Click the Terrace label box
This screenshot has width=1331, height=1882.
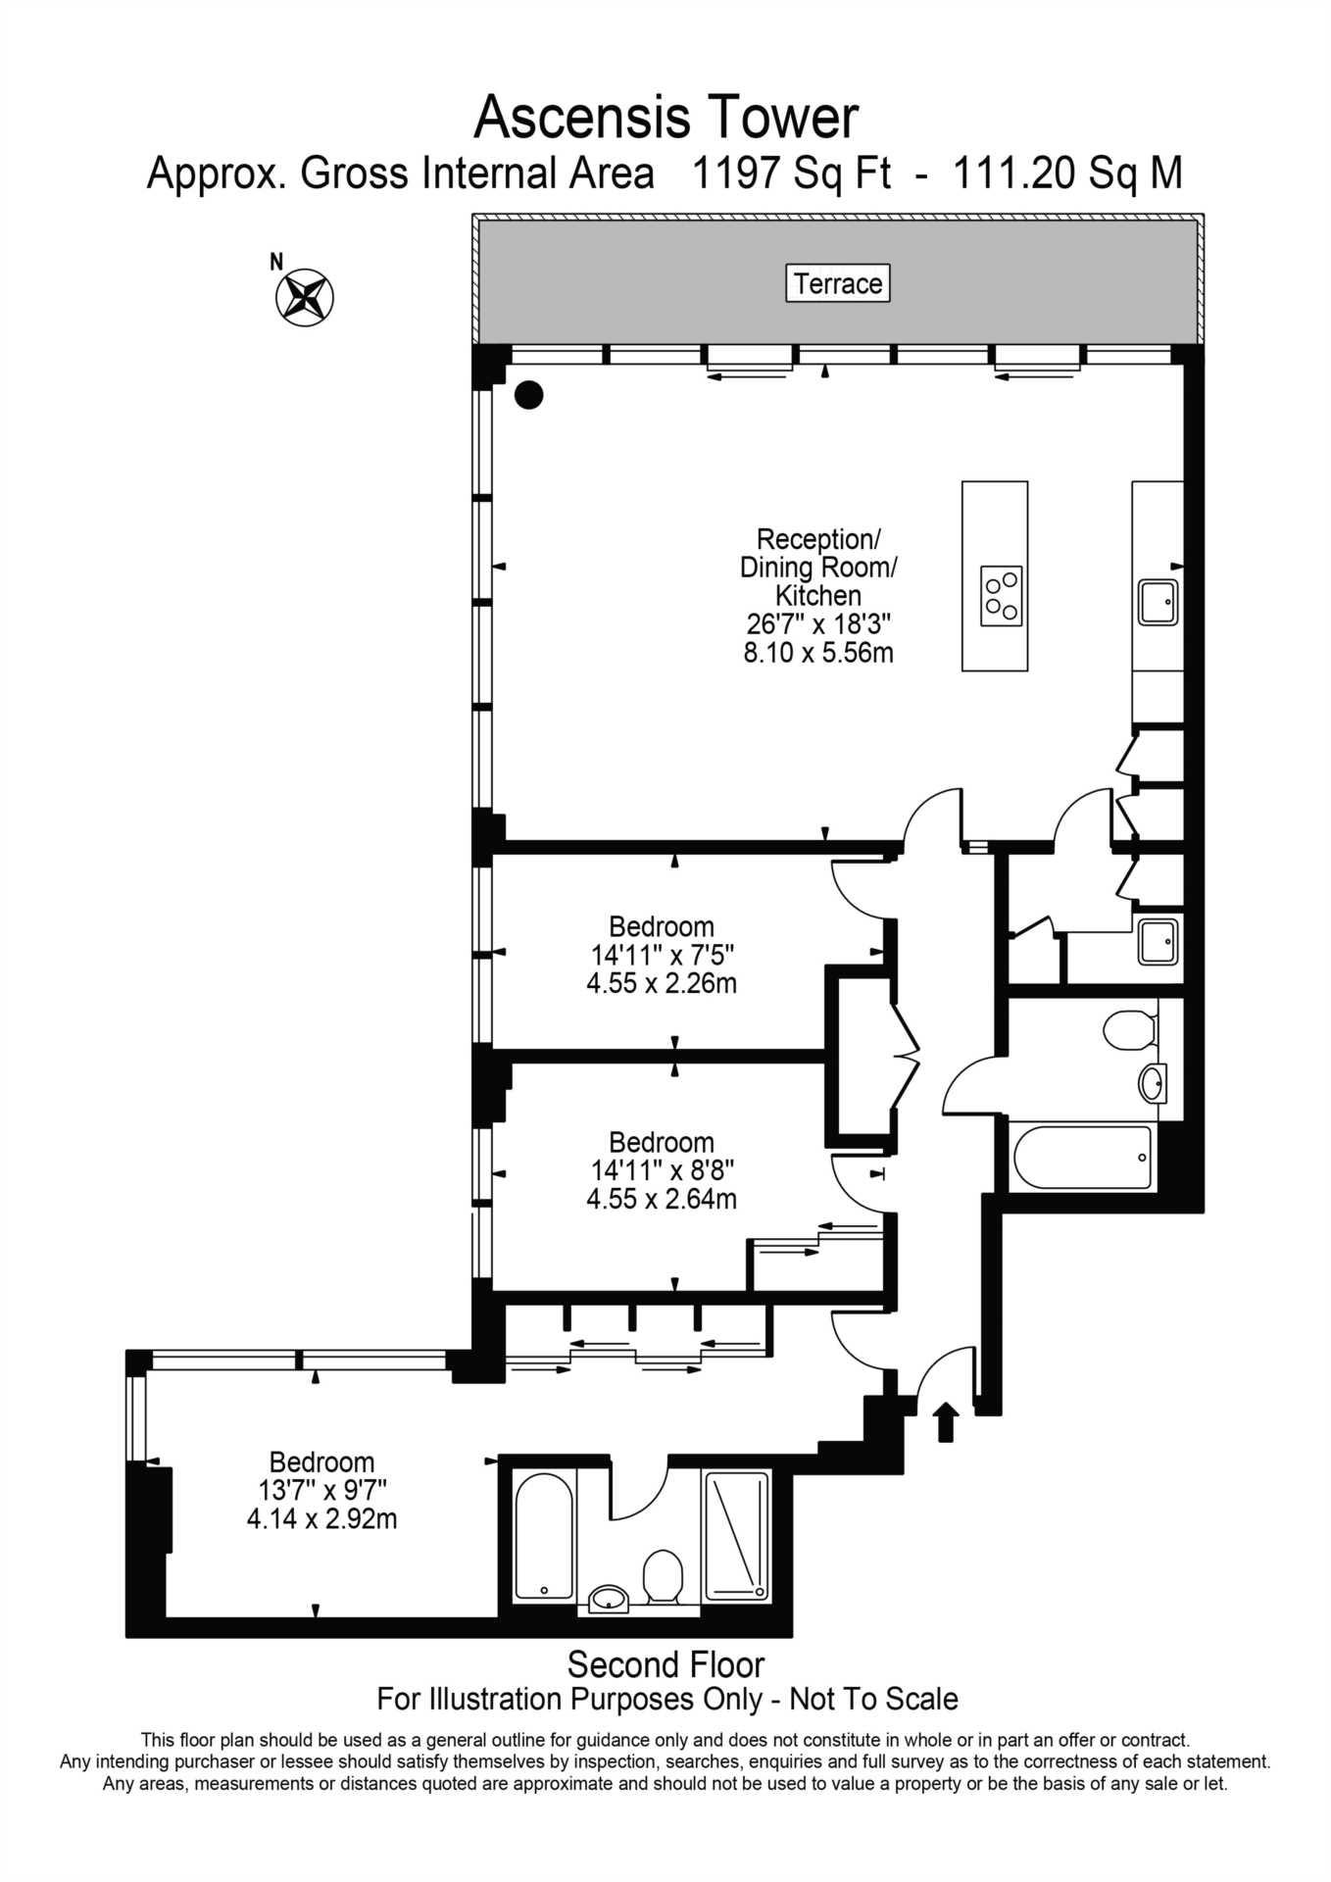[x=838, y=283]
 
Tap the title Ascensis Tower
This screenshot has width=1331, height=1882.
[x=666, y=118]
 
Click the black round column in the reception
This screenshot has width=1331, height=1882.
[x=529, y=394]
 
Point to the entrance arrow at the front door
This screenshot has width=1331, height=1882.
[x=946, y=1421]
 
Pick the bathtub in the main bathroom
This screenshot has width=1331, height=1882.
[x=1083, y=1158]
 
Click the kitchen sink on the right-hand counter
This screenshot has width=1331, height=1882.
[x=1158, y=601]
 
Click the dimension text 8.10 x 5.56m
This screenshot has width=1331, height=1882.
[x=818, y=652]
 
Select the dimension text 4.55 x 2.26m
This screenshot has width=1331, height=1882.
[x=662, y=982]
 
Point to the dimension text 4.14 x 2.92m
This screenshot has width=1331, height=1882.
[x=322, y=1519]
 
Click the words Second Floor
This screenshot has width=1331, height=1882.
[x=666, y=1664]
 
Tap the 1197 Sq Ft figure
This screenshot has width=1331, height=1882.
[x=792, y=173]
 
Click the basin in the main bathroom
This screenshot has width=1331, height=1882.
[x=1153, y=1083]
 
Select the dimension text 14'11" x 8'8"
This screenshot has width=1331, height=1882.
[x=662, y=1170]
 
